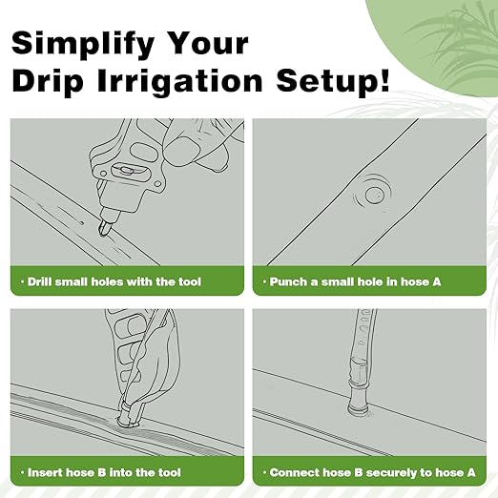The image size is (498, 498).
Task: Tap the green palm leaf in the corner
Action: coord(448,29)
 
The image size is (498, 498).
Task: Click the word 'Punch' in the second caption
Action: coord(288,281)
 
